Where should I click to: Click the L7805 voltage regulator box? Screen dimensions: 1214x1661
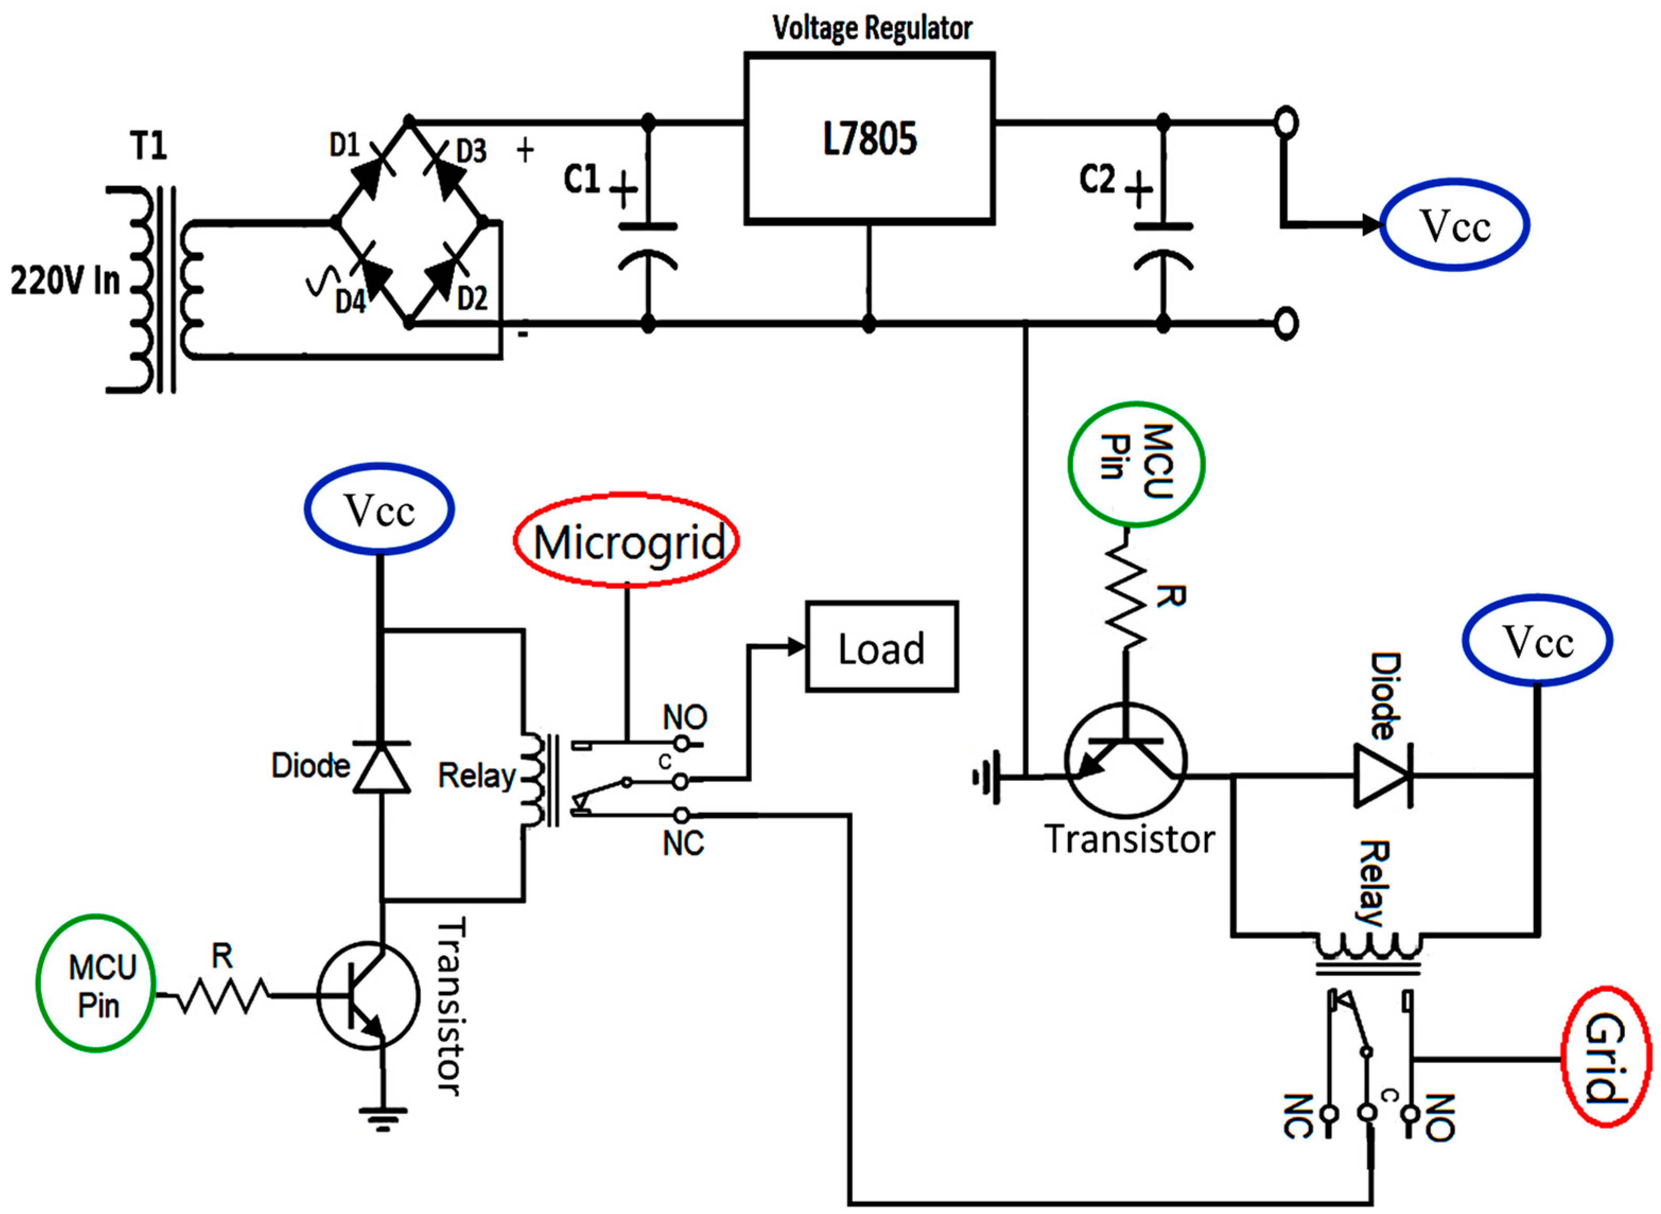[869, 138]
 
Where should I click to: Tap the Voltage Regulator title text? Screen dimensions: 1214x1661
[872, 28]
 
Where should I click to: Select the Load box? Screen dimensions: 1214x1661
[881, 647]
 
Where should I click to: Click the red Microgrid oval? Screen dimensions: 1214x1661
[627, 541]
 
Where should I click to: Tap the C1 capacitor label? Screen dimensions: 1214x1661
[581, 179]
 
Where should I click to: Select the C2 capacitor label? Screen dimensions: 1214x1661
[1097, 179]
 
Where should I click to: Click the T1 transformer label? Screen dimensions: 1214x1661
[148, 145]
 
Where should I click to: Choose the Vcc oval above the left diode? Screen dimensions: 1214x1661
[379, 508]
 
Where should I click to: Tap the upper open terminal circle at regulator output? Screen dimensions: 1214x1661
[1286, 122]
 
